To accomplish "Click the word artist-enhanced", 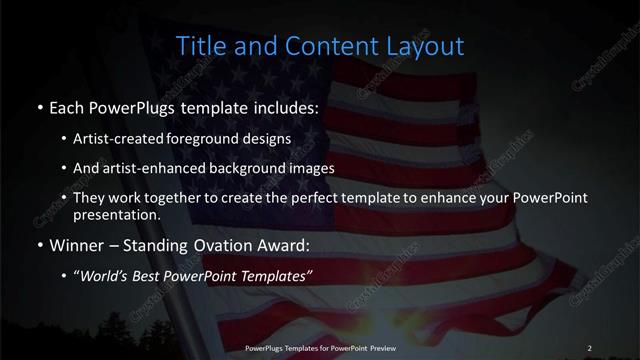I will (x=158, y=168).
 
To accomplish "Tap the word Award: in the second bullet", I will (x=280, y=245).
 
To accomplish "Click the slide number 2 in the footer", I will (x=589, y=347).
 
